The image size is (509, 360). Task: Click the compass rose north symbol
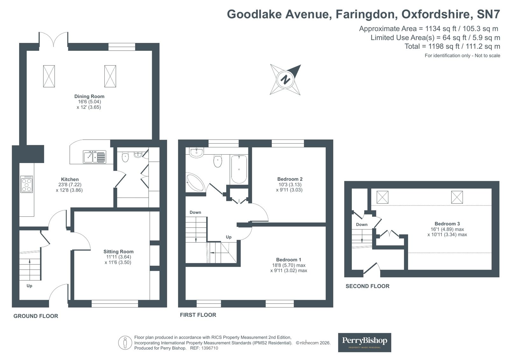(286, 79)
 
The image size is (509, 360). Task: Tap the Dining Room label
(89, 96)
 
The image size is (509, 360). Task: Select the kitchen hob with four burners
(26, 184)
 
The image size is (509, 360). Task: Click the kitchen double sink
(94, 157)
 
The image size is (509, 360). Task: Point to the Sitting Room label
(118, 251)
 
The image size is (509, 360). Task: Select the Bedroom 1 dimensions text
(289, 268)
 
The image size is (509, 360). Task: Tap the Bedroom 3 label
(447, 224)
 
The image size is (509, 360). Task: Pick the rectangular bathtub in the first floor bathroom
(239, 169)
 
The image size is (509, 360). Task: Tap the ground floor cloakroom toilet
(125, 157)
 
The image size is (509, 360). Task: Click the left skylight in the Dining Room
(49, 76)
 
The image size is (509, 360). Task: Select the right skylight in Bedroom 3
(457, 197)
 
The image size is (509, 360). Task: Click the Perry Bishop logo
(364, 342)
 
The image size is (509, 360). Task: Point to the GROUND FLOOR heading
(36, 316)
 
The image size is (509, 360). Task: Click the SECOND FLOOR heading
(367, 286)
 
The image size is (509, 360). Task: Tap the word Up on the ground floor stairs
(29, 286)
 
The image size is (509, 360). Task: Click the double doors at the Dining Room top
(53, 41)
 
